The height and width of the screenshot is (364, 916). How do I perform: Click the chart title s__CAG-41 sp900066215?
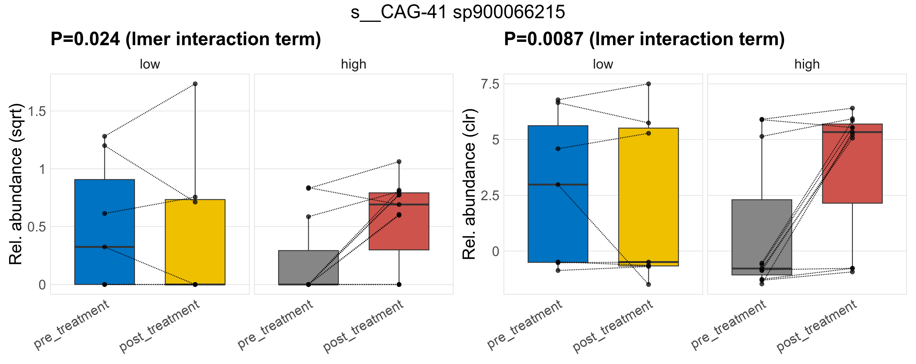tap(458, 12)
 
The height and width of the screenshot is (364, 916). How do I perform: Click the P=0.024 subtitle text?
tap(186, 39)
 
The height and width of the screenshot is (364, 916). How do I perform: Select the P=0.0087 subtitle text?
tap(644, 39)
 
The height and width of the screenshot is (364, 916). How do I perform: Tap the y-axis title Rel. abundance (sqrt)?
tap(16, 184)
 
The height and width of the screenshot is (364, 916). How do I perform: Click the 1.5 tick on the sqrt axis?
tap(37, 112)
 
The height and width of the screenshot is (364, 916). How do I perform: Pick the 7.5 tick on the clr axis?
tap(490, 84)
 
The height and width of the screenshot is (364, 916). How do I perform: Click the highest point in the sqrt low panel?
tap(195, 84)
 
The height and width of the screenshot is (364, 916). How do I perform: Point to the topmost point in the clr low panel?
tap(648, 84)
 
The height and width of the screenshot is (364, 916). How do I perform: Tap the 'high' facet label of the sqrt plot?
tap(353, 64)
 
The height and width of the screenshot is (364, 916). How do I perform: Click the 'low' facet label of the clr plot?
tap(603, 64)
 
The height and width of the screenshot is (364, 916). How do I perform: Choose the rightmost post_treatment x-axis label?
tap(817, 326)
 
